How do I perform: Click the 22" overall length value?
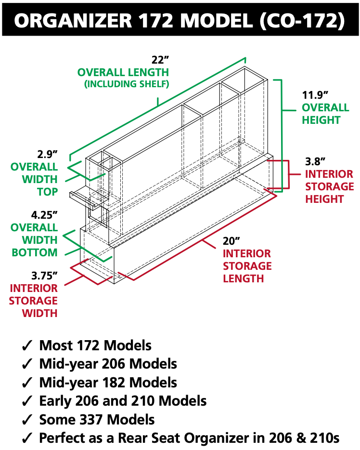[160, 60]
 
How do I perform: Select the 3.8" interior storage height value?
[316, 161]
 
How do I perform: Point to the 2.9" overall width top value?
[48, 155]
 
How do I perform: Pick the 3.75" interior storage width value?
[45, 276]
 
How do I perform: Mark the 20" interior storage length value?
[231, 241]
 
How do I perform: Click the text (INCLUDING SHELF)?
[127, 84]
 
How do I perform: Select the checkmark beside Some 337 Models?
[27, 420]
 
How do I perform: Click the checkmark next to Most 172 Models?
[27, 346]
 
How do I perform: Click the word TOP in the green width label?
[47, 192]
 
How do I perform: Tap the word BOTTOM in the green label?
[35, 252]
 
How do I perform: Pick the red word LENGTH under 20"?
[243, 278]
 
